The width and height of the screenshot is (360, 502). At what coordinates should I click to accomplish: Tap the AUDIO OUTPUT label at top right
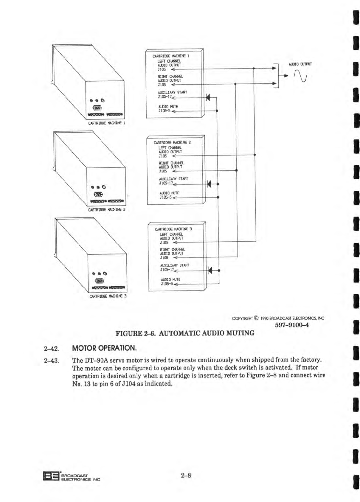point(300,64)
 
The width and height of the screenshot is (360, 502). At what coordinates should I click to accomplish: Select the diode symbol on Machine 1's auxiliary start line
point(208,97)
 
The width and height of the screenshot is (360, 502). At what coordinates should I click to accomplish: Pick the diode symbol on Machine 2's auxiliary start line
point(209,184)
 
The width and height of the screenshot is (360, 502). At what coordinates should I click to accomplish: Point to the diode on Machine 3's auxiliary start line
point(210,270)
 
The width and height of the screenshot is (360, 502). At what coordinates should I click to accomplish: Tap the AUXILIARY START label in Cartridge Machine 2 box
point(173,179)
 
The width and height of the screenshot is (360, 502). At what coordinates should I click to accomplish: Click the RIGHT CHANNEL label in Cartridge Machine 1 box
point(170,77)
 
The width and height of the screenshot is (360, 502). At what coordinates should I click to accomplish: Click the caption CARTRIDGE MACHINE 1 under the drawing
point(106,123)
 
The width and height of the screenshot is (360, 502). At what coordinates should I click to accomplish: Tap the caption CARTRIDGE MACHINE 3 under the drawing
point(108,296)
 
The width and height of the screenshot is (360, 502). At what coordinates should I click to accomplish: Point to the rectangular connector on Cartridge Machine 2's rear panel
point(99,195)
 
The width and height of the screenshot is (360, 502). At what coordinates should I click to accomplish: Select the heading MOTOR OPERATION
point(104,348)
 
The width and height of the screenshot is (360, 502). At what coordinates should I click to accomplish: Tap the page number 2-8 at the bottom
point(186,475)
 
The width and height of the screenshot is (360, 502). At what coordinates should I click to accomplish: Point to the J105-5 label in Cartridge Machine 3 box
point(166,284)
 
